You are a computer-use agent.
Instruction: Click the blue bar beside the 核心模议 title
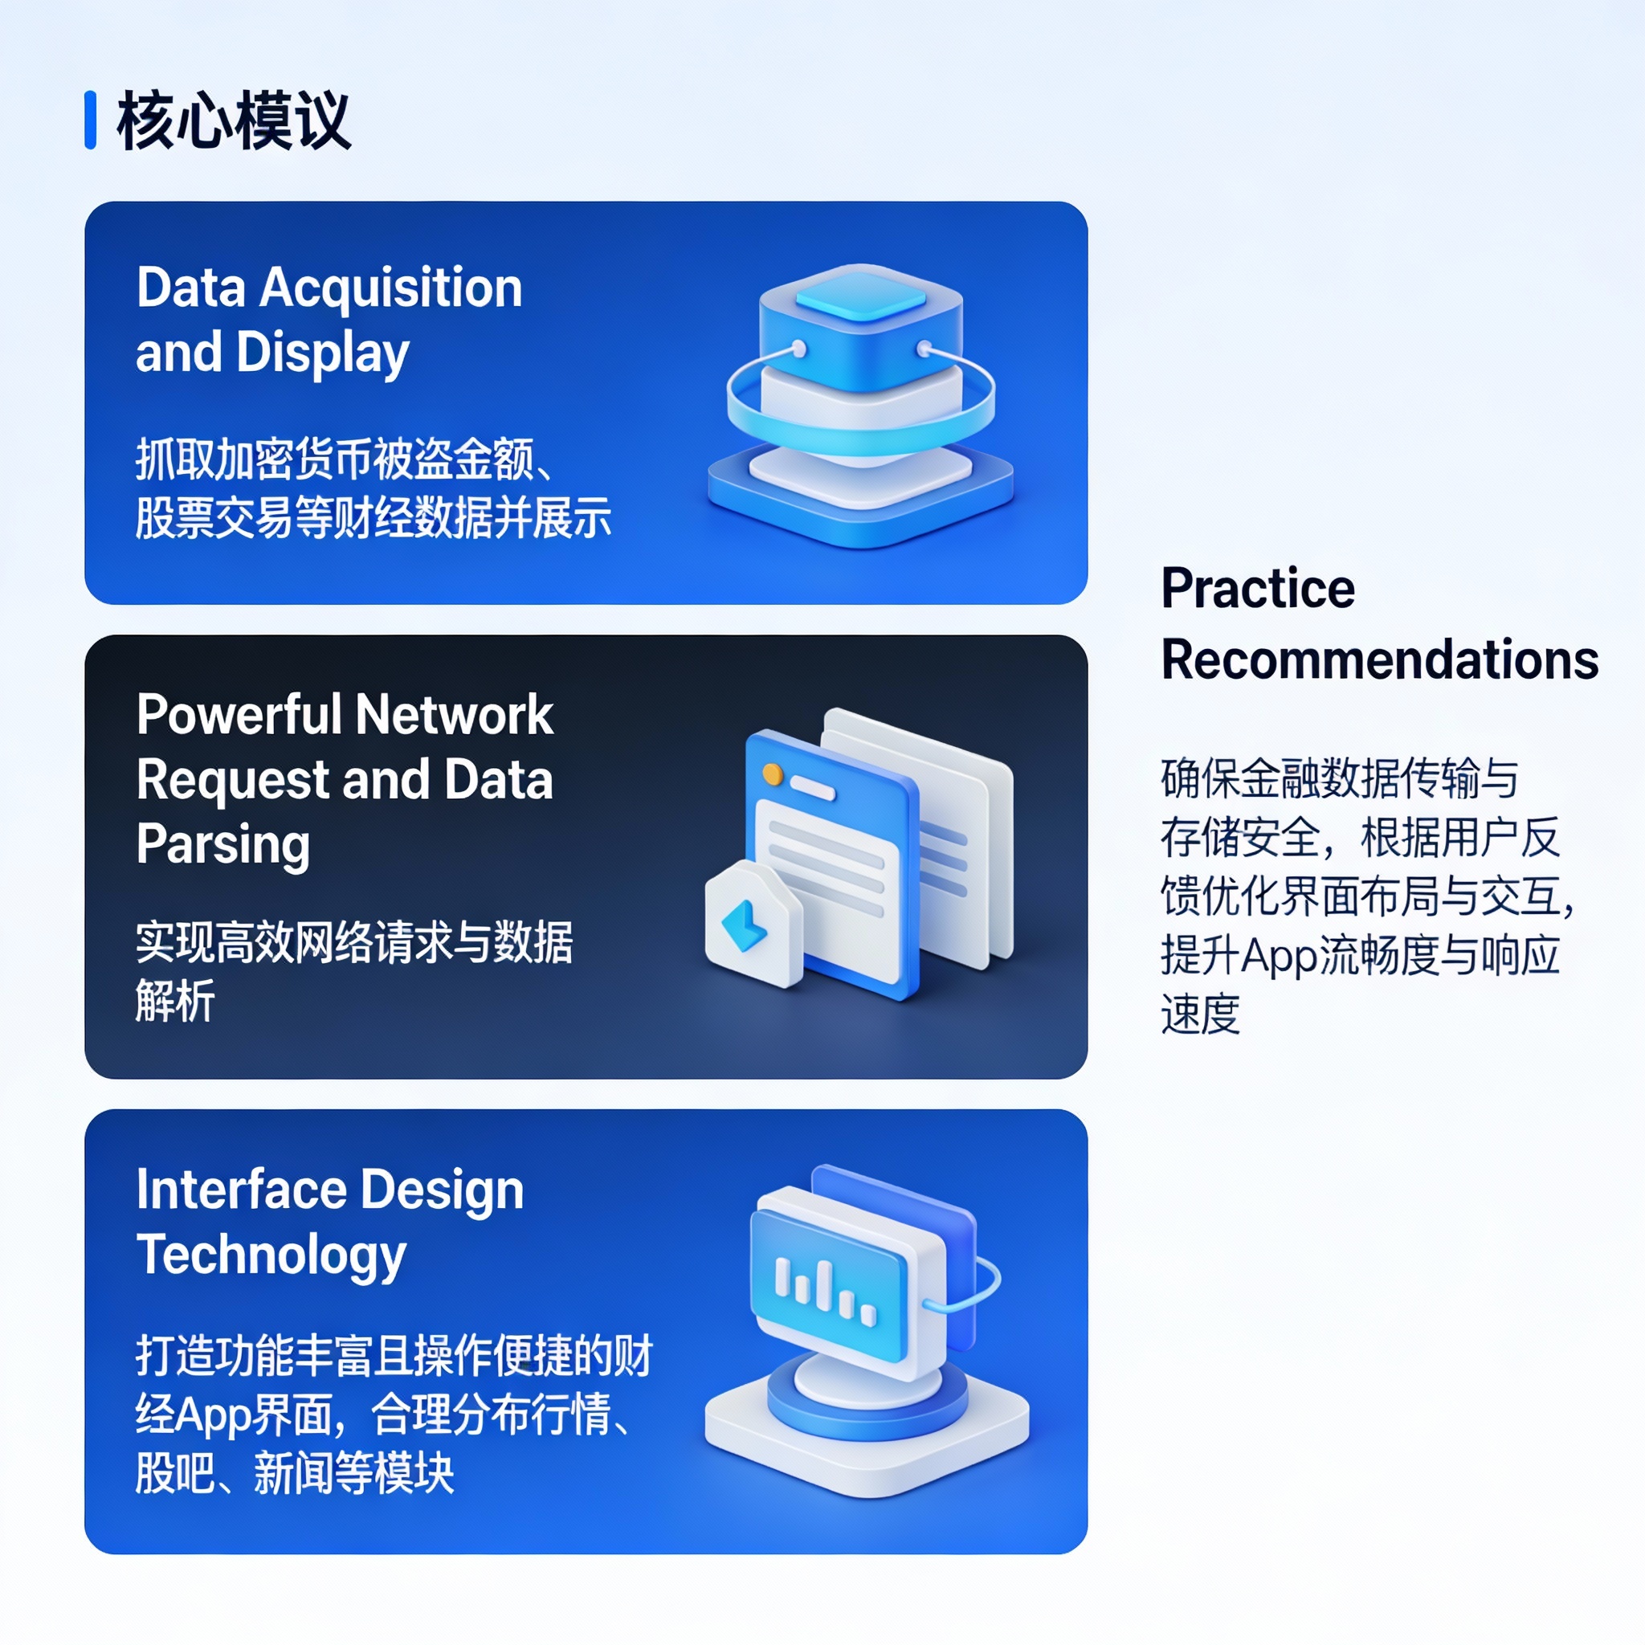(x=90, y=120)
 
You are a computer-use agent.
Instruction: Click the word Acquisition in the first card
(x=391, y=288)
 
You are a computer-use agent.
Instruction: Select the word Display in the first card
(x=323, y=354)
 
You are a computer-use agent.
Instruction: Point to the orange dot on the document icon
(x=772, y=774)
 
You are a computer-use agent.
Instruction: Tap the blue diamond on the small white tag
(x=744, y=925)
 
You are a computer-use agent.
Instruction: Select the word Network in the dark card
(x=454, y=714)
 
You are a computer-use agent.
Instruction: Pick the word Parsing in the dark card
(x=223, y=845)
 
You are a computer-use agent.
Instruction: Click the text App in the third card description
(x=213, y=1416)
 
